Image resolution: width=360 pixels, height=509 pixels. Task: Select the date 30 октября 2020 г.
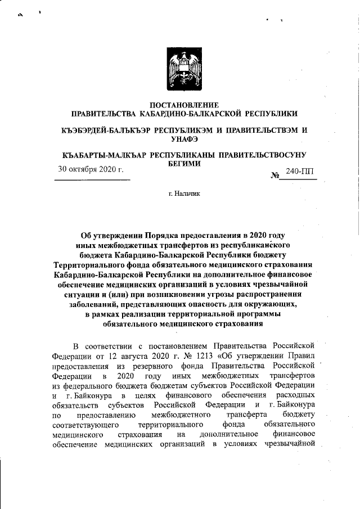(x=91, y=169)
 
